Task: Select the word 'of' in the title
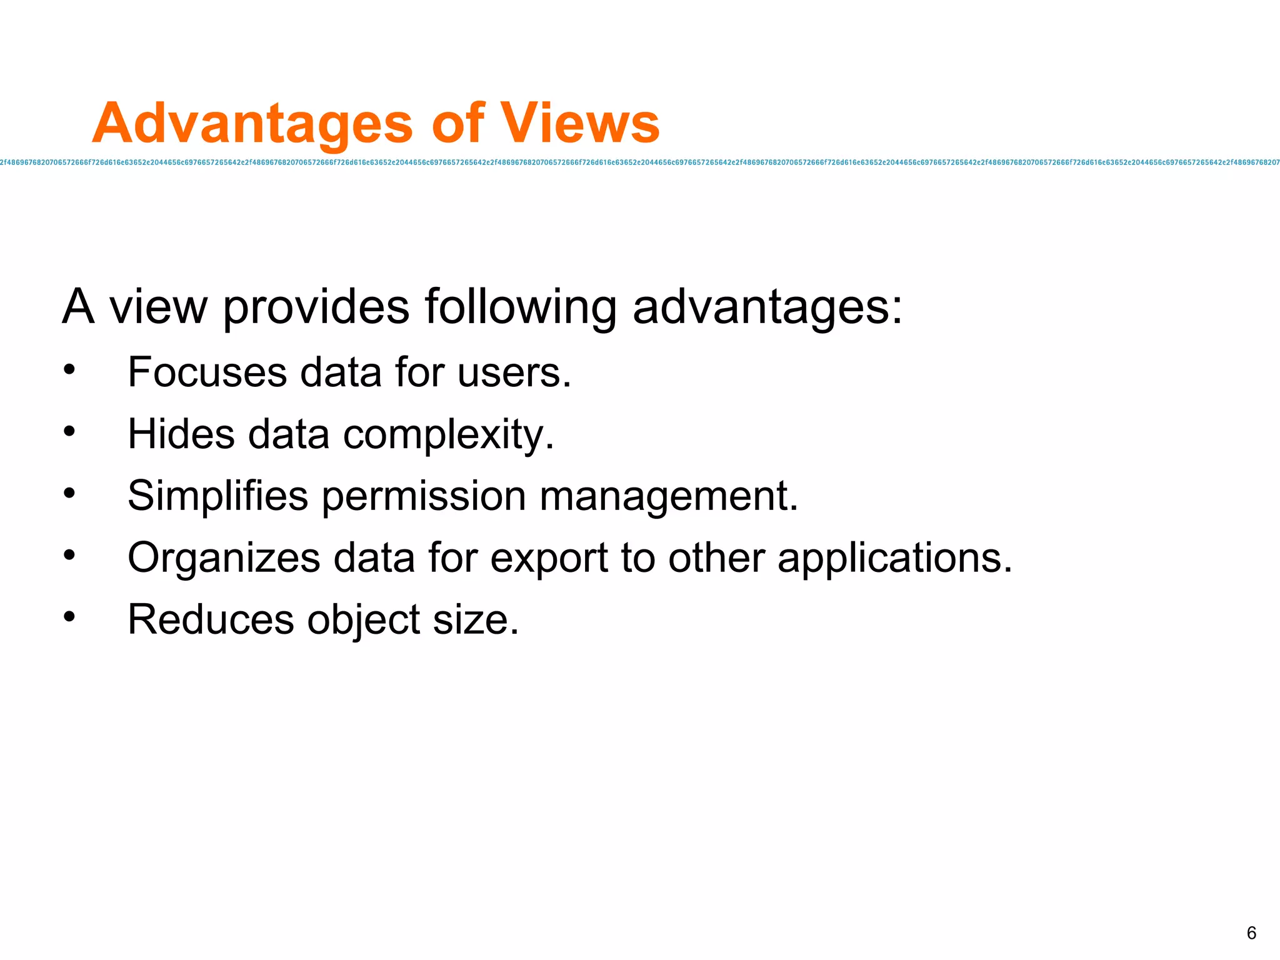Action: click(x=457, y=123)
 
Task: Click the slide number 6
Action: click(x=1251, y=933)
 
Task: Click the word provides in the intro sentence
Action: click(x=316, y=307)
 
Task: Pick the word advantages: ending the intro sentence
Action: click(x=767, y=307)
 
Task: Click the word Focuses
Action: click(x=207, y=372)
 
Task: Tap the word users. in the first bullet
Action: click(x=514, y=372)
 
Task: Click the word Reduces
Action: click(x=211, y=619)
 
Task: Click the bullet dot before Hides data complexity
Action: click(x=69, y=431)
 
